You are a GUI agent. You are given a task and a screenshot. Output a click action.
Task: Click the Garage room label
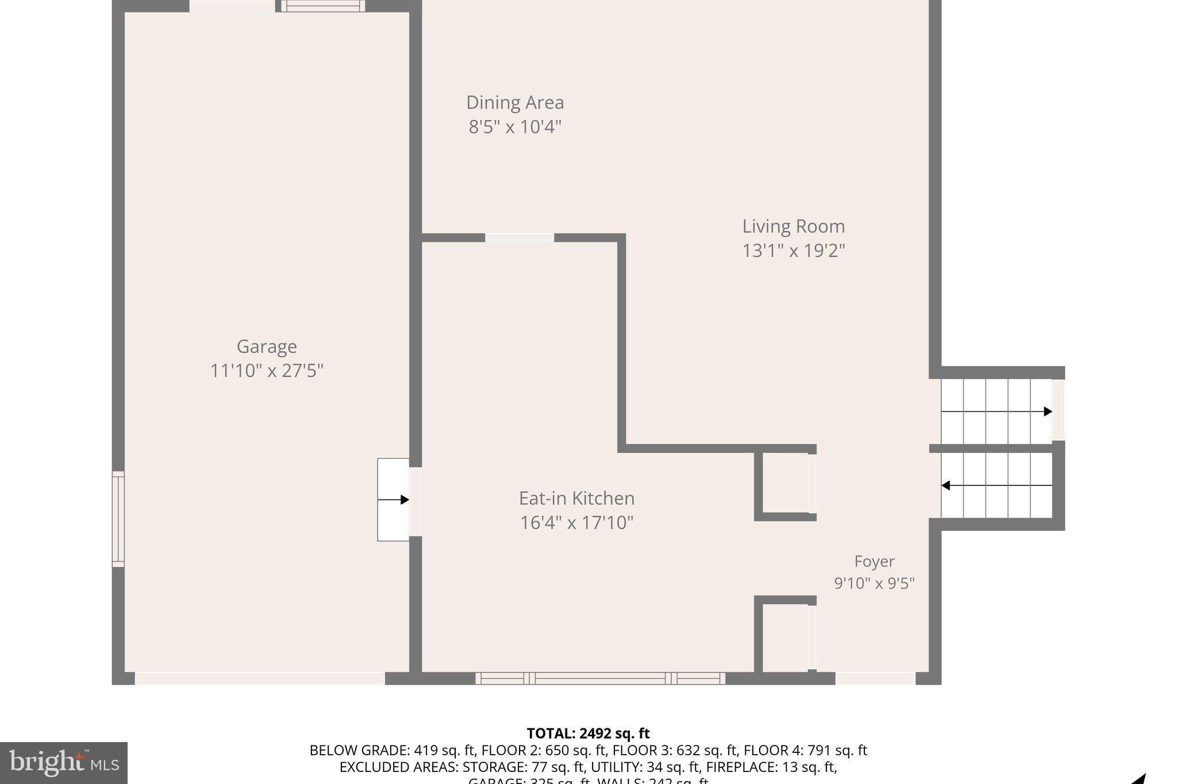267,346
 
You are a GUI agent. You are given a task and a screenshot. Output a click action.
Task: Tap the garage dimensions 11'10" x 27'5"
267,371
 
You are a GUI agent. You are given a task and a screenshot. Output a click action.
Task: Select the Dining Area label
515,102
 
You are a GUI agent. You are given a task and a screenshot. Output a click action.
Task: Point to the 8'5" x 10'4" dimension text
515,127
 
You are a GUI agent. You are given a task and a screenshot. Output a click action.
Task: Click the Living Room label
794,226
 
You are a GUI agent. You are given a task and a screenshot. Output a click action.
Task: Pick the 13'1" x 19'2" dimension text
794,251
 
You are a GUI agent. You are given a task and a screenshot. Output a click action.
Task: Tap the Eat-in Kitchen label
576,498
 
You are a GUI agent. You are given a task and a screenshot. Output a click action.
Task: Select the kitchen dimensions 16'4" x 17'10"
576,523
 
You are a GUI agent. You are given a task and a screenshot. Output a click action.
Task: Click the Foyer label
874,561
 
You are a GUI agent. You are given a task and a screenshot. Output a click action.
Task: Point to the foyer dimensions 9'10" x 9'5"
874,584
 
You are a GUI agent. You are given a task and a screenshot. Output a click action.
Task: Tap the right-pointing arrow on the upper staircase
1048,411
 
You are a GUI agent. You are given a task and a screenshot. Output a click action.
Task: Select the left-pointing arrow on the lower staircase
946,486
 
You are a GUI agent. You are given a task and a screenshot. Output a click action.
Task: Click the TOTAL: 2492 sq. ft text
588,733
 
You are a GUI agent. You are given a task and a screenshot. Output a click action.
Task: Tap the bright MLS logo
64,763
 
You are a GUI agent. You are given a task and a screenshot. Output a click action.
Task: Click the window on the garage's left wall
118,519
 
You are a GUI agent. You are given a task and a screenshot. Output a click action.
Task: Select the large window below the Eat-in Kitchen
600,678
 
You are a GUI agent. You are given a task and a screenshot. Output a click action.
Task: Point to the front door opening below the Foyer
875,678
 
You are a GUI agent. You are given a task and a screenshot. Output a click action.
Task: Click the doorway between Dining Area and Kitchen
520,238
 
